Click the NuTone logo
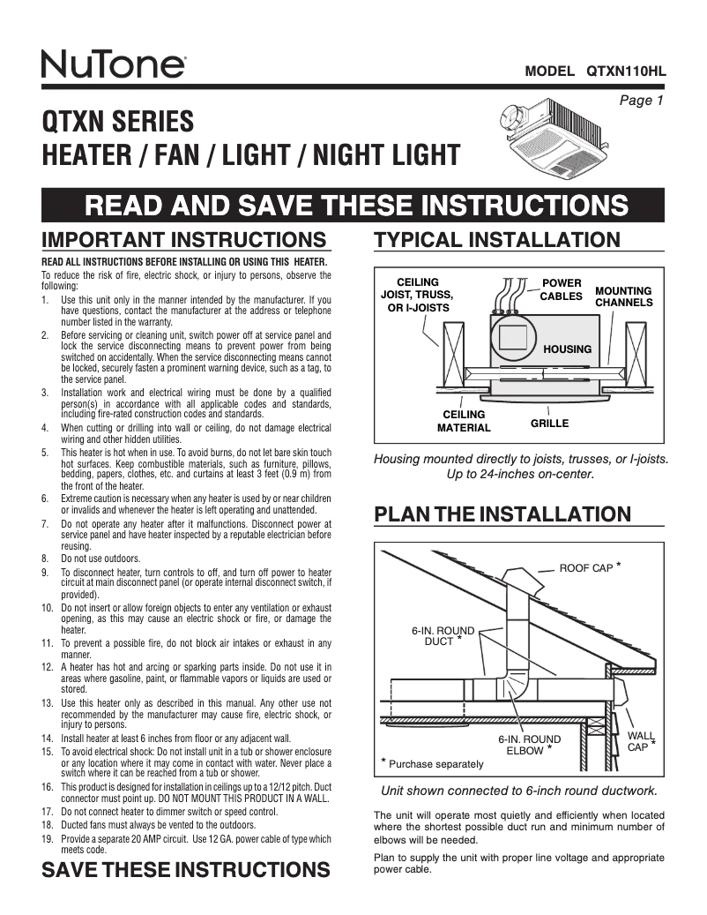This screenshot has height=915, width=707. click(113, 64)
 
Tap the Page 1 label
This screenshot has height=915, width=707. click(641, 101)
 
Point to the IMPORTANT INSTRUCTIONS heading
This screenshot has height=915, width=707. click(185, 240)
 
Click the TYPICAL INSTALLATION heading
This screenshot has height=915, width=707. click(497, 240)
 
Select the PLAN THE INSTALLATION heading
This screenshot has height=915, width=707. click(502, 514)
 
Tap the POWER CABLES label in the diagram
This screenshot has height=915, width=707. click(561, 289)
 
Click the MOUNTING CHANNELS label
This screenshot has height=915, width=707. click(623, 296)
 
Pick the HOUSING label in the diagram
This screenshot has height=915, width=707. click(567, 349)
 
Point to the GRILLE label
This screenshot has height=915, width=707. click(549, 424)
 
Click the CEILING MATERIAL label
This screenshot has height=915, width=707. click(464, 421)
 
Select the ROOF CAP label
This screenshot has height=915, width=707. click(586, 568)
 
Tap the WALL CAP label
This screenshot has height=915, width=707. click(637, 740)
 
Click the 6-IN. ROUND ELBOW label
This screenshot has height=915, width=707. click(529, 745)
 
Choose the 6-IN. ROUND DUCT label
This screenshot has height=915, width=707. click(443, 636)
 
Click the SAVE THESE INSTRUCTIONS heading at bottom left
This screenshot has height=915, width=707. click(186, 870)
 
